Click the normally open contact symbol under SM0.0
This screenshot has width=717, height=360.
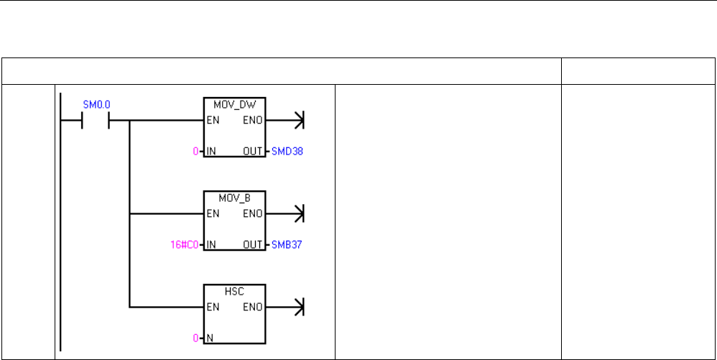click(x=96, y=121)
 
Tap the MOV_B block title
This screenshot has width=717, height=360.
click(x=235, y=196)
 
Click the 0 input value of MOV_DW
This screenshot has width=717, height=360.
click(x=198, y=152)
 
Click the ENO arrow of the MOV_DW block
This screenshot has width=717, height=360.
click(x=299, y=121)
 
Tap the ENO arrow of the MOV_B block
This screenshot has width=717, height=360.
click(x=299, y=213)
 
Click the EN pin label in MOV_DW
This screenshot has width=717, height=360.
click(x=213, y=121)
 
